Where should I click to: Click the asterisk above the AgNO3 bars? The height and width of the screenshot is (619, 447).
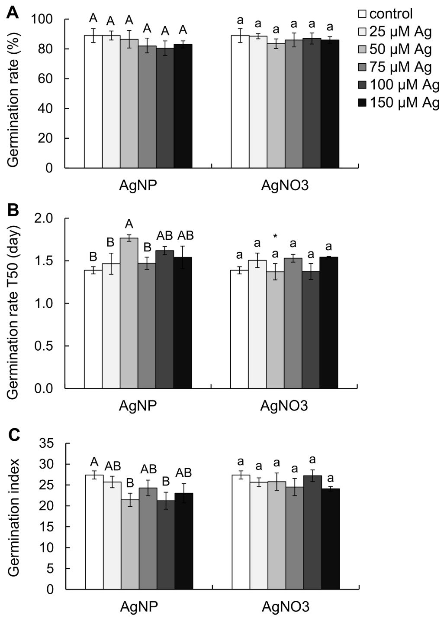pyautogui.click(x=275, y=236)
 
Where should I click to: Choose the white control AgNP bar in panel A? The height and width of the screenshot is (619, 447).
pyautogui.click(x=93, y=101)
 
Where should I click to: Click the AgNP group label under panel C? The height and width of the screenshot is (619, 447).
pyautogui.click(x=138, y=606)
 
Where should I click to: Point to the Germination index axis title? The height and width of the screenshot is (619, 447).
pyautogui.click(x=14, y=516)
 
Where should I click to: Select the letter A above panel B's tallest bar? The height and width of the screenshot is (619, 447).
pyautogui.click(x=129, y=225)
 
